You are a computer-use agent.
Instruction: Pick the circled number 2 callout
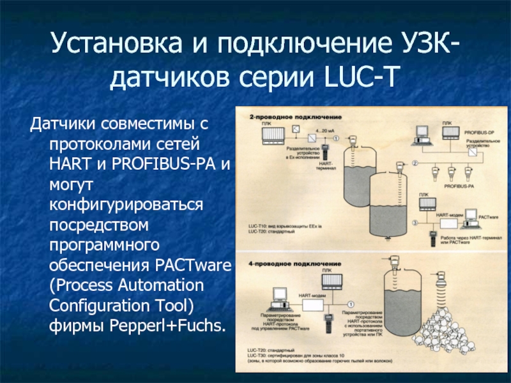pos(415,163)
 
